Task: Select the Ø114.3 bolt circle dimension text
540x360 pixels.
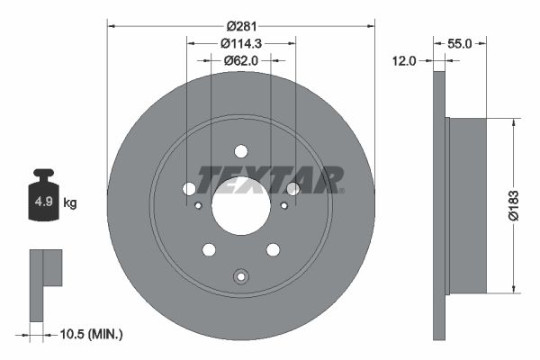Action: (240, 43)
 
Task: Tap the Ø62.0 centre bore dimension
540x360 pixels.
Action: (240, 60)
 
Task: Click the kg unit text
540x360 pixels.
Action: (70, 202)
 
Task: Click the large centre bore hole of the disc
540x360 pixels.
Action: (240, 203)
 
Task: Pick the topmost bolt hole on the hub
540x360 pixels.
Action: (240, 151)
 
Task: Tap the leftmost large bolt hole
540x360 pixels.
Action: (189, 188)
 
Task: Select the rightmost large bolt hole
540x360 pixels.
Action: (292, 188)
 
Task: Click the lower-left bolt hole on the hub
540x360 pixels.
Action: (209, 249)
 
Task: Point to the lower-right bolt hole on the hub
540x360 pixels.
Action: (273, 249)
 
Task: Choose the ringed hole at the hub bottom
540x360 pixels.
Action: (240, 276)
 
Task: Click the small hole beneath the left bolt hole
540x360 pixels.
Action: (198, 205)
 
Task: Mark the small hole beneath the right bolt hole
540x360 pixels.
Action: (283, 205)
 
